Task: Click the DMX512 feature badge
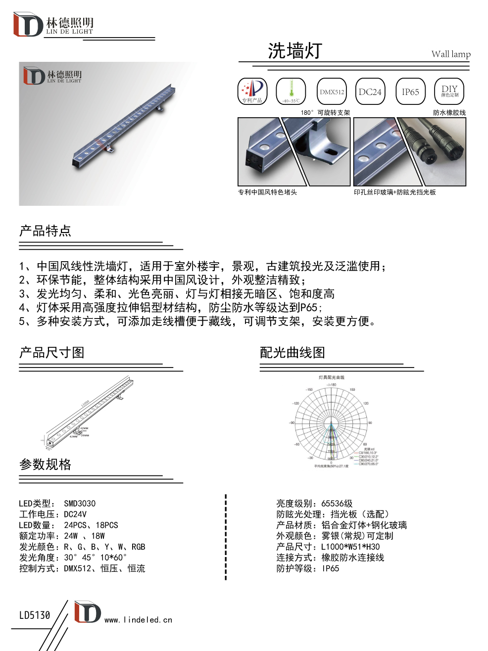(332, 92)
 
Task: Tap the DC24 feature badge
(370, 92)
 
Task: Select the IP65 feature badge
(410, 92)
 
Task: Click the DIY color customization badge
(449, 92)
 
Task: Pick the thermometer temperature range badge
(291, 92)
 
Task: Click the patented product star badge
(252, 92)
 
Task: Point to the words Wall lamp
(451, 54)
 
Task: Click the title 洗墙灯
(295, 51)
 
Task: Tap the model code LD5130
(35, 615)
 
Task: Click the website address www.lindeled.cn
(139, 620)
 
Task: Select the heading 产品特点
(45, 231)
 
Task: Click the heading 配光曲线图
(293, 353)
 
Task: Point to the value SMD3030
(80, 504)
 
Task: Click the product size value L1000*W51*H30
(350, 547)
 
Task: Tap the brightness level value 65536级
(337, 504)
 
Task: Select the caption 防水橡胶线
(449, 113)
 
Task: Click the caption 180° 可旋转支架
(325, 113)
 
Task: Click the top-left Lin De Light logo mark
(28, 25)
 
